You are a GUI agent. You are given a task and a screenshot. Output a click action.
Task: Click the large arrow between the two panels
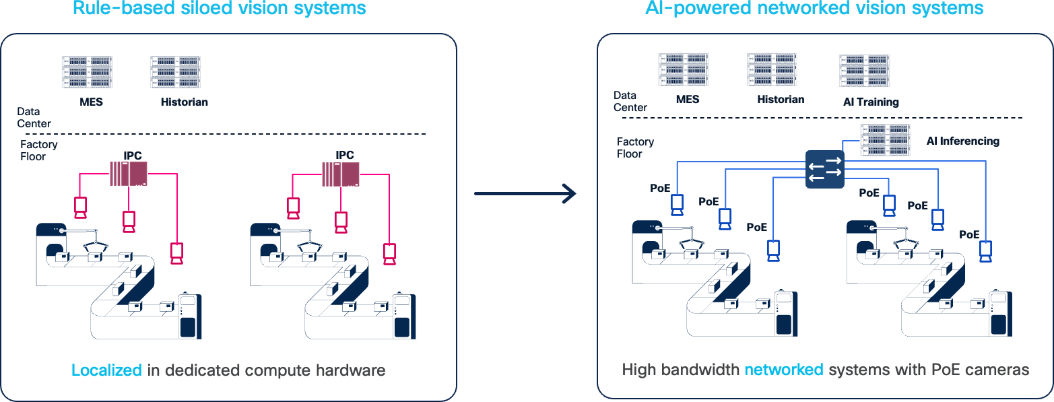[x=525, y=194]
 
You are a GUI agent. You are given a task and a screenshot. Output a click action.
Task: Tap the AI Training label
[x=871, y=102]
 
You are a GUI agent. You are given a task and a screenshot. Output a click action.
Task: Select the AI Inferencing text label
[x=962, y=141]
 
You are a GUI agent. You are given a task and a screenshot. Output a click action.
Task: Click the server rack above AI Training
[x=864, y=71]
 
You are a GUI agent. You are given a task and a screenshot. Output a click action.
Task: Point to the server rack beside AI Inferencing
[x=886, y=141]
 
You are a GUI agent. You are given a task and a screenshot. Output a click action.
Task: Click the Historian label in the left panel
[x=184, y=102]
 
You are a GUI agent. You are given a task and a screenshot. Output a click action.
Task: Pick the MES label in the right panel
[x=688, y=99]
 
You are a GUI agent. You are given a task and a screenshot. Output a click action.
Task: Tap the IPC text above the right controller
[x=344, y=156]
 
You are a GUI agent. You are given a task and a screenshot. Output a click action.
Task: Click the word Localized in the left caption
[x=106, y=370]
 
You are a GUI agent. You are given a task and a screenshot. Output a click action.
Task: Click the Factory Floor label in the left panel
[x=38, y=150]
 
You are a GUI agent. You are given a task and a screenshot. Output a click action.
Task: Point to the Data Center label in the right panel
[x=630, y=101]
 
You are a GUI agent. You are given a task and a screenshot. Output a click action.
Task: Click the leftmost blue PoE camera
[x=678, y=205]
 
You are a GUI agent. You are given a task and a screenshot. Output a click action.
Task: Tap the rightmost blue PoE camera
[x=986, y=251]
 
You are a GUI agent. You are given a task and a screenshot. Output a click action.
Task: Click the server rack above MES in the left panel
[x=86, y=72]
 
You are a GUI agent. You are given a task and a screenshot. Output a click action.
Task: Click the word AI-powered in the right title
[x=694, y=8]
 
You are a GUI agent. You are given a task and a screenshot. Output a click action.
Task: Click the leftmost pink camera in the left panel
[x=81, y=207]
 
